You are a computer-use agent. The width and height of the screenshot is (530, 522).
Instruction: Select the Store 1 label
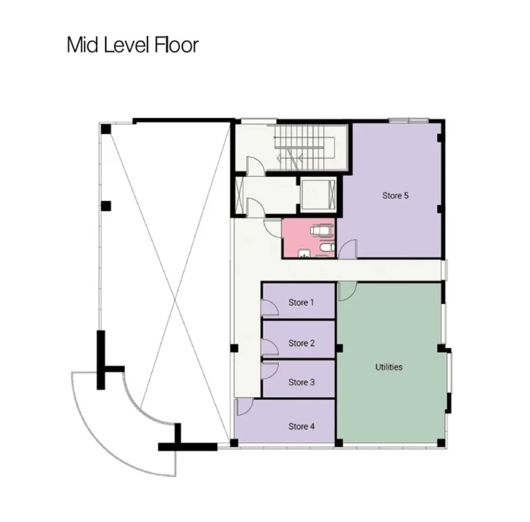click(x=302, y=302)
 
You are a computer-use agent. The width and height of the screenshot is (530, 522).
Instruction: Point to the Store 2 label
click(x=302, y=343)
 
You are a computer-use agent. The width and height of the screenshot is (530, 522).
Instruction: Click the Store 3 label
click(x=302, y=383)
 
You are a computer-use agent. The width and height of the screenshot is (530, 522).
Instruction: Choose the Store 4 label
click(x=302, y=427)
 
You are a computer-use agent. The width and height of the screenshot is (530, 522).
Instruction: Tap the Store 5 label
click(x=395, y=195)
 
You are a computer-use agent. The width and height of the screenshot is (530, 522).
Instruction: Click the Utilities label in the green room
click(x=389, y=367)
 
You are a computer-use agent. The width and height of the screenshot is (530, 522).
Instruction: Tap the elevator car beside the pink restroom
click(x=318, y=195)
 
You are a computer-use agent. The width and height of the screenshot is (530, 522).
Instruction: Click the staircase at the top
click(x=304, y=146)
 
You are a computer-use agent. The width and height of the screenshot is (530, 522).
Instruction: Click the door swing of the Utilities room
click(x=346, y=291)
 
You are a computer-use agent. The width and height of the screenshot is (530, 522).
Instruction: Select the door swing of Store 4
click(x=244, y=407)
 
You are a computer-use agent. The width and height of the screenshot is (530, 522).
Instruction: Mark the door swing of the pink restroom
click(x=273, y=228)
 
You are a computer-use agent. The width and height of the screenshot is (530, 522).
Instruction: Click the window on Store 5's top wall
click(x=409, y=121)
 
